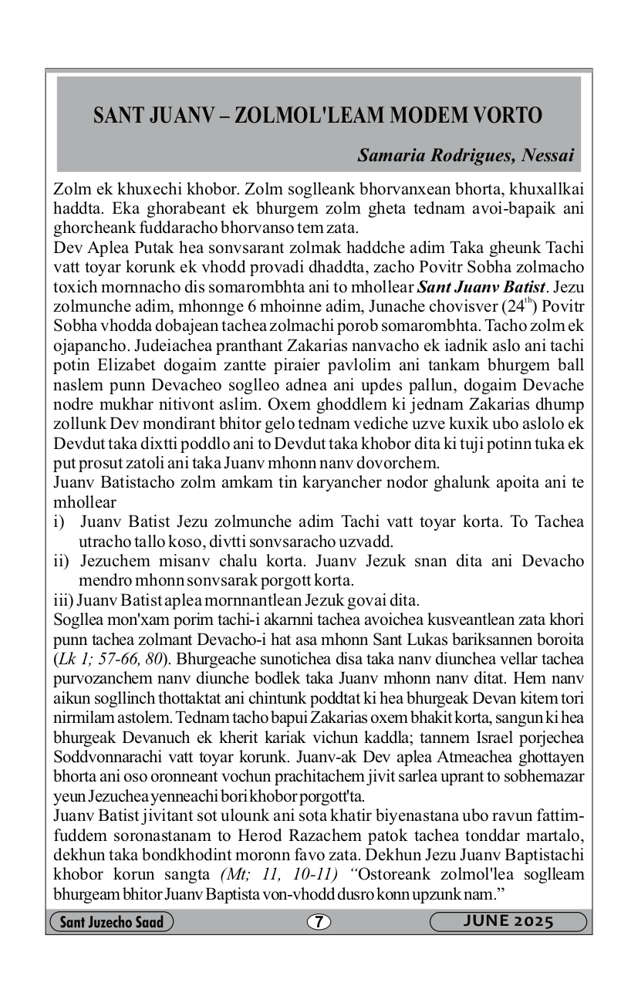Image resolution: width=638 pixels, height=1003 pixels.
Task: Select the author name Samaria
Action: (x=387, y=155)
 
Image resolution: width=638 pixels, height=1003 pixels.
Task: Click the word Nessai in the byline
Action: (x=548, y=155)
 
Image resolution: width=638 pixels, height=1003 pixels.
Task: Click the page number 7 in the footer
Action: (x=319, y=922)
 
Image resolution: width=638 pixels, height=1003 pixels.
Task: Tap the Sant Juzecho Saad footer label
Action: (x=111, y=922)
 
